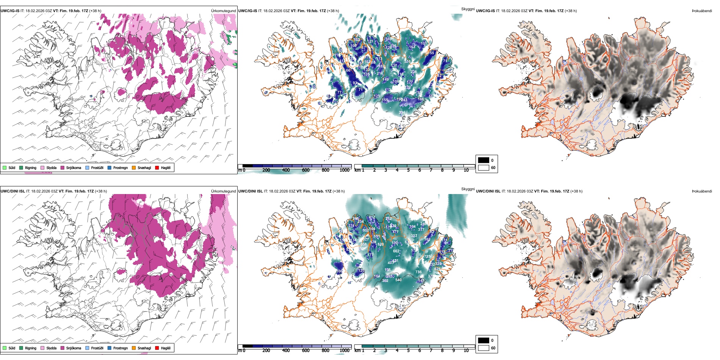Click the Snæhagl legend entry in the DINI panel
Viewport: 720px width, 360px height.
141,348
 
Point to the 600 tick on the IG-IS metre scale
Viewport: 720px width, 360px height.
306,170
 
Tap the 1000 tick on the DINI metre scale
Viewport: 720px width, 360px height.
344,351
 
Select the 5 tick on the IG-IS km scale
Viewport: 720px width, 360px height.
408,170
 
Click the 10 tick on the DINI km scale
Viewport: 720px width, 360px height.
466,351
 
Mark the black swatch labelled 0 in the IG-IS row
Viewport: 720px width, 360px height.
484,160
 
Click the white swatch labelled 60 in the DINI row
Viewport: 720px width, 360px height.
484,348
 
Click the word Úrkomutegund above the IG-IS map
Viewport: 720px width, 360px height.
223,11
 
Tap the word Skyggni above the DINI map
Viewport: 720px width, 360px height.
468,189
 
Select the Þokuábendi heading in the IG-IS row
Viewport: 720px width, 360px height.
702,11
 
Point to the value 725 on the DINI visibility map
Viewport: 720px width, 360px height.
427,257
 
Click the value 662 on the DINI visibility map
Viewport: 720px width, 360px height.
396,251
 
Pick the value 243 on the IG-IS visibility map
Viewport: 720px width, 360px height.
404,100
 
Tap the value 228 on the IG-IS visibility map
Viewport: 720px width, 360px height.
413,72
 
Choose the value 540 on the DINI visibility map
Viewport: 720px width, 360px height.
398,280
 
